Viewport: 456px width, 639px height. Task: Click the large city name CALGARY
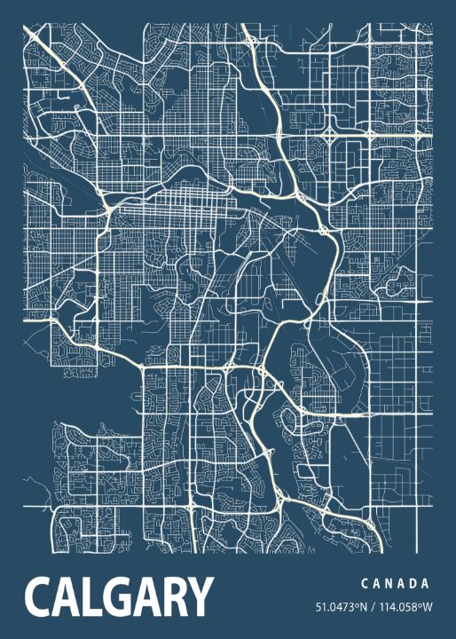tap(120, 596)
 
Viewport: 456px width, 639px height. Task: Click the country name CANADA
tap(396, 584)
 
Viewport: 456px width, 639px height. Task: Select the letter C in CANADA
tap(365, 584)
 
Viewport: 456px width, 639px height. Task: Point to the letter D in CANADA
tap(413, 584)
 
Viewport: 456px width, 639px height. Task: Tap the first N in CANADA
tap(389, 584)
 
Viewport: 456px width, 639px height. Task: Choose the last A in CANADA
tap(427, 584)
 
